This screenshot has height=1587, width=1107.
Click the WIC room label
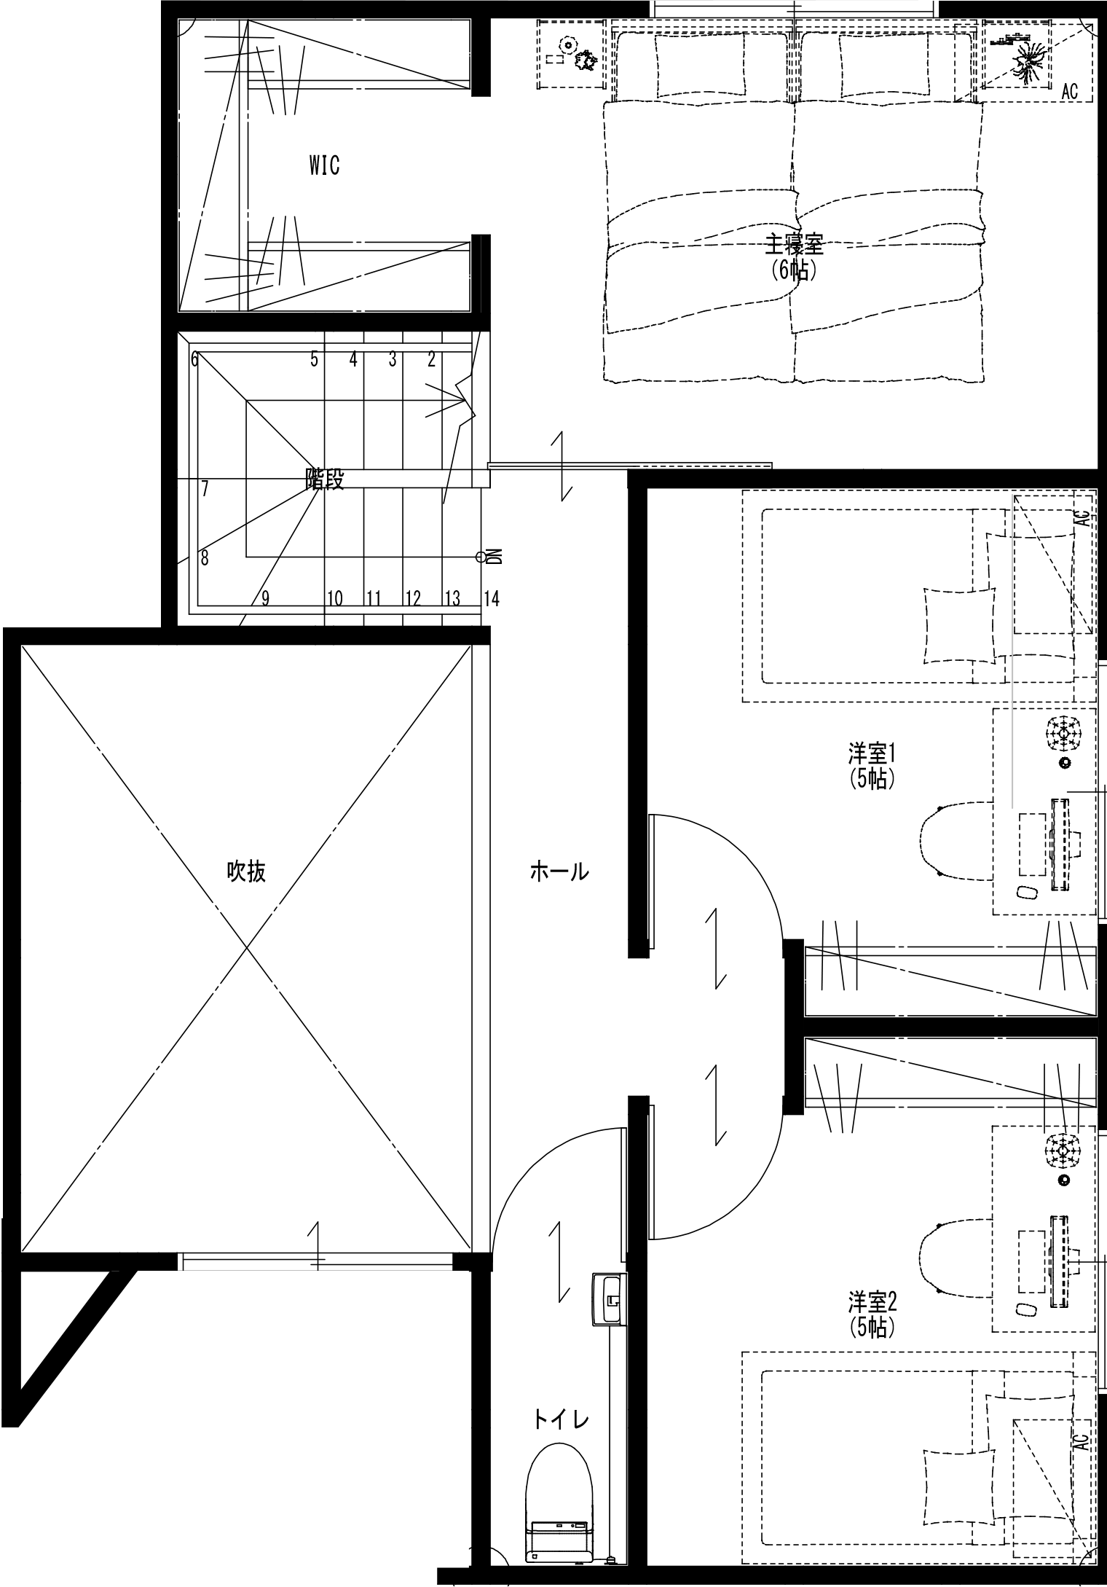[324, 165]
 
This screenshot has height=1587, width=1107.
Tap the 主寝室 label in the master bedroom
[793, 245]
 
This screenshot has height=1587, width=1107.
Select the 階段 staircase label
[323, 479]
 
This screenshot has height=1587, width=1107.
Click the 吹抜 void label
[247, 871]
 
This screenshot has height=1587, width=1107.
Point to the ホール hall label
[559, 871]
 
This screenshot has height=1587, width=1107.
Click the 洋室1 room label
[872, 751]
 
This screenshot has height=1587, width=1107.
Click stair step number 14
[492, 599]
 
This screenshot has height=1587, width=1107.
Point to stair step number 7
[205, 489]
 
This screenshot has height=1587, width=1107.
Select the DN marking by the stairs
[495, 557]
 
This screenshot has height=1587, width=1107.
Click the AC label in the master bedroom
[1069, 92]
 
